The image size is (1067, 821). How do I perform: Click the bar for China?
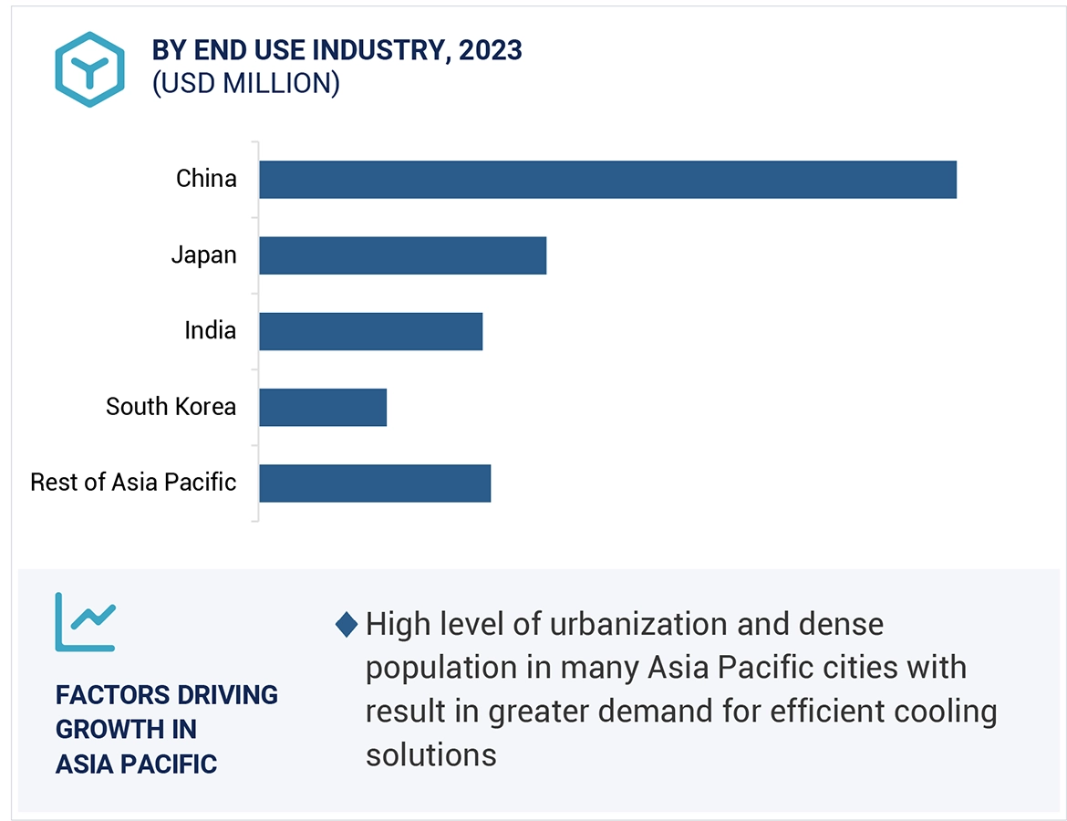point(607,180)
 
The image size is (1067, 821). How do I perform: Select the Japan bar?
point(402,255)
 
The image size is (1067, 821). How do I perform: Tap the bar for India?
point(370,331)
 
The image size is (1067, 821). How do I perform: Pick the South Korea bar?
point(323,407)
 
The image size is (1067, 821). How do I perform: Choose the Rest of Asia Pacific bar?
point(375,483)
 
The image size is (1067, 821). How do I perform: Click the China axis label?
point(206,178)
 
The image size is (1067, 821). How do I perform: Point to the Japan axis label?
point(203,255)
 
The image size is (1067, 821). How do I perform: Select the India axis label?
point(210,330)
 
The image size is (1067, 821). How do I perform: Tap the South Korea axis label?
point(171,406)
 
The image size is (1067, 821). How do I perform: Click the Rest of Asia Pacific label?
point(133,482)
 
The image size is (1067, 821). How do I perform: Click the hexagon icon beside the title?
point(88,69)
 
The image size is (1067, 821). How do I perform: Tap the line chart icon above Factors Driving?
point(85,621)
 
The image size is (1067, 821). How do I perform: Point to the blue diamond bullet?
point(347,626)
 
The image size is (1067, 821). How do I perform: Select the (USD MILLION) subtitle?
point(245,83)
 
